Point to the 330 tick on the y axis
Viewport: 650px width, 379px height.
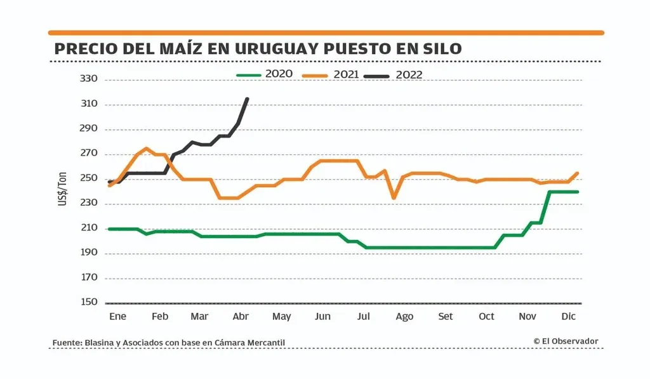89,79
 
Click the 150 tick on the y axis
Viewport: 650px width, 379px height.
89,303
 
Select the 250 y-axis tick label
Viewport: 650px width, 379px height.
89,179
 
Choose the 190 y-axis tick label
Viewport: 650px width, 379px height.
89,253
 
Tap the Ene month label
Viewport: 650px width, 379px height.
118,316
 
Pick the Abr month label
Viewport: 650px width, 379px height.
241,316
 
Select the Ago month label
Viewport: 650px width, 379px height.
404,316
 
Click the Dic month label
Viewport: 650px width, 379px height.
569,316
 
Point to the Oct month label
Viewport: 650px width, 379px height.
486,316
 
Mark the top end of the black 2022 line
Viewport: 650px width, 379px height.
247,99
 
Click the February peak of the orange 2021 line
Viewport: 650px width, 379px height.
147,149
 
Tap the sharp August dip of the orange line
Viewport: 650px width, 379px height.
394,198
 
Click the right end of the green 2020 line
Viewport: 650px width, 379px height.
578,192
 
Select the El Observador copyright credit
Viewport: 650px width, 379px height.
566,342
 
